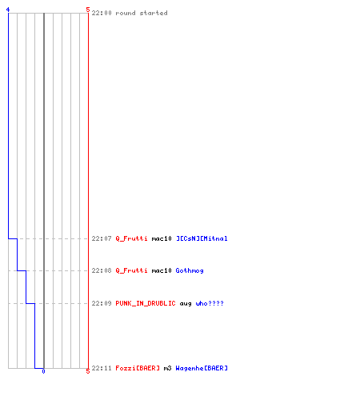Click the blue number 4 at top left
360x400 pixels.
pyautogui.click(x=8, y=10)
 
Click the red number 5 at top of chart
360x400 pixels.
pyautogui.click(x=88, y=10)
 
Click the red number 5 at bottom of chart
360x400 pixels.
pyautogui.click(x=88, y=371)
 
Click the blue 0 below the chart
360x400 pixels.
pyautogui.click(x=43, y=371)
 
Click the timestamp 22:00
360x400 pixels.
pyautogui.click(x=102, y=13)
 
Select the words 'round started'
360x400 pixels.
pyautogui.click(x=142, y=13)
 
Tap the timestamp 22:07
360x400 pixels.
pyautogui.click(x=102, y=238)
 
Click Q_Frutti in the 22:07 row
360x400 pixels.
pyautogui.click(x=131, y=238)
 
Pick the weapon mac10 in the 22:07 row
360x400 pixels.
pyautogui.click(x=162, y=238)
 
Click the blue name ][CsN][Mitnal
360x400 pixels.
pyautogui.click(x=202, y=238)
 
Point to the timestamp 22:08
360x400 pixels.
pyautogui.click(x=102, y=270)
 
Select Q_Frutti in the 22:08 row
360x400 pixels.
pyautogui.click(x=131, y=270)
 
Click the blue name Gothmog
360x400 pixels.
pyautogui.click(x=190, y=270)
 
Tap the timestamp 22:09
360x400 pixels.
pyautogui.click(x=102, y=303)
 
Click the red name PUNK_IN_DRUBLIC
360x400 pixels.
pyautogui.click(x=146, y=303)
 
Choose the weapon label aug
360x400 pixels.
pyautogui.click(x=186, y=304)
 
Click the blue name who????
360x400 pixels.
pyautogui.click(x=210, y=303)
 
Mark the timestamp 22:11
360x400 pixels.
pyautogui.click(x=102, y=368)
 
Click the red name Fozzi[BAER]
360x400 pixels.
pyautogui.click(x=138, y=368)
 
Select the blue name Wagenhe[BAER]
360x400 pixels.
pyautogui.click(x=202, y=368)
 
